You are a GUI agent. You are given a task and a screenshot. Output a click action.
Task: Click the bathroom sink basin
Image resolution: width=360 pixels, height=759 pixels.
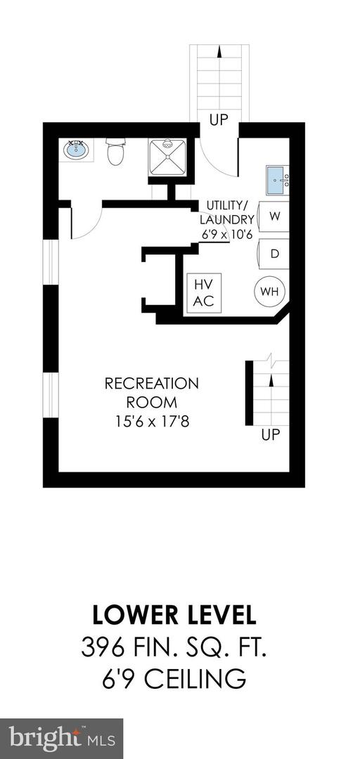pos(77,149)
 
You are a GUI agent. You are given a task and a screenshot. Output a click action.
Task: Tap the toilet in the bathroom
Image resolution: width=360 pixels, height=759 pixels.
pos(115,152)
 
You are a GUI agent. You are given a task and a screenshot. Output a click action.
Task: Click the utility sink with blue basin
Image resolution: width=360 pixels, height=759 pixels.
pos(274,179)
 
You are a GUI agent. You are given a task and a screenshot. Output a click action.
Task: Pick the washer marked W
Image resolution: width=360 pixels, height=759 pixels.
pos(274,216)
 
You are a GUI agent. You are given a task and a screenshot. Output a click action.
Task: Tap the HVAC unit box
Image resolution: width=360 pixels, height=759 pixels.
pos(204,292)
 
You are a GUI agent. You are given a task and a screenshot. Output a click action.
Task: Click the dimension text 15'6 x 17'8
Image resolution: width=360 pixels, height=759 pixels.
pos(152,422)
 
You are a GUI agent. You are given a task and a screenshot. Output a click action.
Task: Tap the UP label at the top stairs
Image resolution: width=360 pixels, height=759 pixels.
pos(219,120)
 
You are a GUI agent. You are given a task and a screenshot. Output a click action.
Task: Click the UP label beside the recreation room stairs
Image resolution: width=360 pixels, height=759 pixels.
pos(271,435)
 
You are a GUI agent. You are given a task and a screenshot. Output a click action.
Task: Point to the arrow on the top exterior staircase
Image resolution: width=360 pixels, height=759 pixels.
pos(219,52)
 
